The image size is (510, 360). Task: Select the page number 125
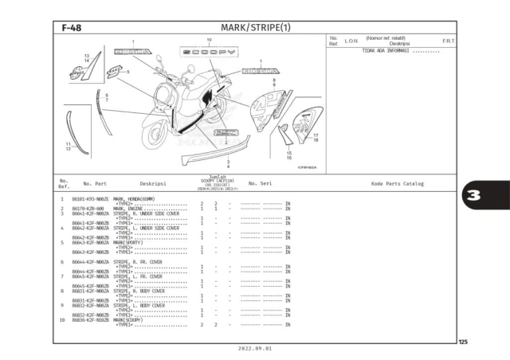pos(463,341)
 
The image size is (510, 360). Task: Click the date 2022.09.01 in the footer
pos(255,349)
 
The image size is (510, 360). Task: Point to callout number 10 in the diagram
pos(209,40)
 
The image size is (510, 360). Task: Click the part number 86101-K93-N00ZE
pos(88,198)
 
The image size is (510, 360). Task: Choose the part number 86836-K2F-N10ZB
pos(89,319)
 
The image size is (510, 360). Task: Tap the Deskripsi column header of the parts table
pos(152,183)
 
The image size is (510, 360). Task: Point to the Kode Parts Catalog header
pos(397,183)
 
